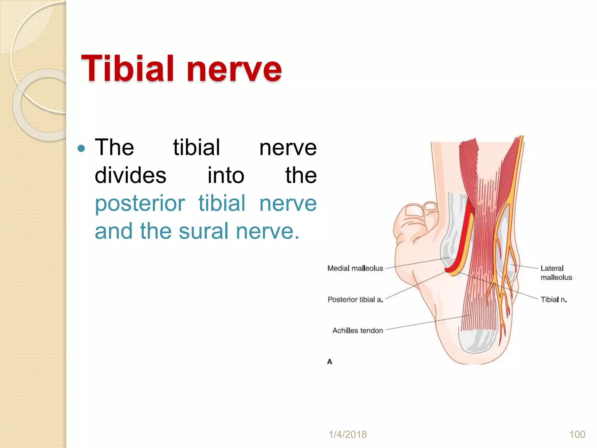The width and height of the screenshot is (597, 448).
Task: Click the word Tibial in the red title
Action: click(x=128, y=69)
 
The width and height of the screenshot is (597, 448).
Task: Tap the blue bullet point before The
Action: click(x=82, y=149)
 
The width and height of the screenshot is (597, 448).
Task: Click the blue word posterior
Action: click(x=140, y=203)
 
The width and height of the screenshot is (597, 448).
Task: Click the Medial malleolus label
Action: click(x=355, y=268)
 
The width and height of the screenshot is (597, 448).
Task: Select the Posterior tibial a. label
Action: click(x=355, y=300)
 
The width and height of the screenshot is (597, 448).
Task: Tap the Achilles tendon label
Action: click(x=357, y=330)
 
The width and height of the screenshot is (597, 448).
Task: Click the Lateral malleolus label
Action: click(x=556, y=273)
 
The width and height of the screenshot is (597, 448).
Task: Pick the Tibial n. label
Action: click(x=554, y=300)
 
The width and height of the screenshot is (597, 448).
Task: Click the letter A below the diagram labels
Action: click(x=330, y=362)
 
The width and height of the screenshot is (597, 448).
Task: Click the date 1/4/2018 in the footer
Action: click(x=348, y=434)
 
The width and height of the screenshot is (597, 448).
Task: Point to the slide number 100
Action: click(x=577, y=434)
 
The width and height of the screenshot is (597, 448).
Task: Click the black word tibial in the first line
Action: click(x=196, y=148)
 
